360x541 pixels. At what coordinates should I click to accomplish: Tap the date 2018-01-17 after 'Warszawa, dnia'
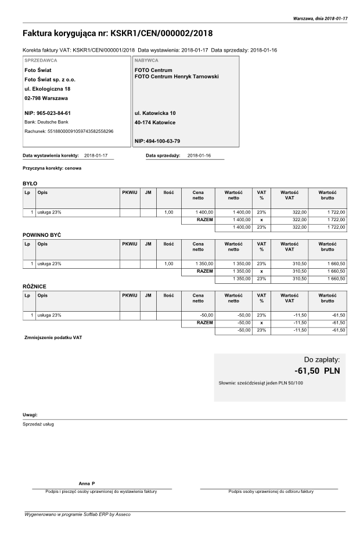[336, 19]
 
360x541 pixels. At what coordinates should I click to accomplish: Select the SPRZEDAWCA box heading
[41, 60]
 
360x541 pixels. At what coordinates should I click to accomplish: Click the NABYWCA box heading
[146, 60]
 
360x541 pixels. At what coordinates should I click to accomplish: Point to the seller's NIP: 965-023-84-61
[47, 113]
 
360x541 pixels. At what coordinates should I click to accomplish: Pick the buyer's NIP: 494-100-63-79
[157, 141]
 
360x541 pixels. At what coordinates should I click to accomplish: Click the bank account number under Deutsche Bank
[81, 131]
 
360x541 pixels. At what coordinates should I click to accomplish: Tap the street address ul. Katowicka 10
[155, 113]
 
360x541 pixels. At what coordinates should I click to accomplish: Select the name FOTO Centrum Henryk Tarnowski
[177, 76]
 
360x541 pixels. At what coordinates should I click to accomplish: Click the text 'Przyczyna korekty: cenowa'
[52, 168]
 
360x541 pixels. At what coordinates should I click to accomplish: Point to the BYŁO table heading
[30, 183]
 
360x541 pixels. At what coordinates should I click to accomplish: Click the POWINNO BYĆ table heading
[42, 234]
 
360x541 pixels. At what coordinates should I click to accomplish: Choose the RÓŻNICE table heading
[34, 286]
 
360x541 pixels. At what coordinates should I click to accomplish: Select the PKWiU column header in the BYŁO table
[129, 192]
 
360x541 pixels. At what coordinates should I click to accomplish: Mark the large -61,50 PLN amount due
[317, 370]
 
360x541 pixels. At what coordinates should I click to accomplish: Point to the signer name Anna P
[87, 484]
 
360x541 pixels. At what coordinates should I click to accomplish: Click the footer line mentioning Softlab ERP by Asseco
[77, 514]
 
